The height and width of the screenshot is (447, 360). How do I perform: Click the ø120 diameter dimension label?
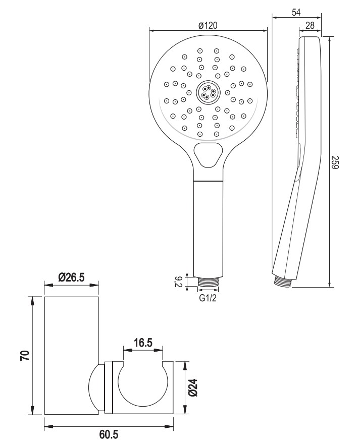[x=208, y=26]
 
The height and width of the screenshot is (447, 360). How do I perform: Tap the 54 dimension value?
[x=296, y=12]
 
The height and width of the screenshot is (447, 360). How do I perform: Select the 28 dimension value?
[x=310, y=25]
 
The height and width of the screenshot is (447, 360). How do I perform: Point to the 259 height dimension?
[x=334, y=162]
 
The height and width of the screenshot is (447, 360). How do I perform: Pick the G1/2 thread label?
[x=208, y=298]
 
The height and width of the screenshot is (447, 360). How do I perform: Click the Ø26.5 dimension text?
[x=71, y=277]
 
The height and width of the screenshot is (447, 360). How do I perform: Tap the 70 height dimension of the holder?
[x=25, y=356]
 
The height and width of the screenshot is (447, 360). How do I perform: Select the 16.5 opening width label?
[x=143, y=343]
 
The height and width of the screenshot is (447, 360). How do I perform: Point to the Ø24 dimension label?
[x=193, y=387]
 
